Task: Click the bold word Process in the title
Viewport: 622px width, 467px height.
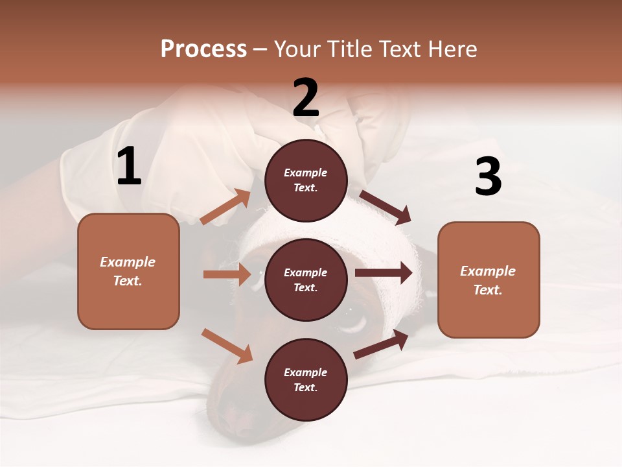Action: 203,49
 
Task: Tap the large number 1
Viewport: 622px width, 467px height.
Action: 129,167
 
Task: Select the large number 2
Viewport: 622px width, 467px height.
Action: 306,98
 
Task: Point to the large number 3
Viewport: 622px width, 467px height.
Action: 488,176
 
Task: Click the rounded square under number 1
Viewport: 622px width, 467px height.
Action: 128,271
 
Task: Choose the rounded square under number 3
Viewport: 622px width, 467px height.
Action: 489,280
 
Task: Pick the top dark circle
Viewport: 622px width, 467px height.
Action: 306,180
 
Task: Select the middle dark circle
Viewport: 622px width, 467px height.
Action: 306,280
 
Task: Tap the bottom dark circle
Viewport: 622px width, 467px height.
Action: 306,379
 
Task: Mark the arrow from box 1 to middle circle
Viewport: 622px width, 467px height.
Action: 227,274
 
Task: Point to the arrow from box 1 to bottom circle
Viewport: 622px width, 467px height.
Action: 227,345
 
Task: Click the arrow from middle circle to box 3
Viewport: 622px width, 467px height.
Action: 384,273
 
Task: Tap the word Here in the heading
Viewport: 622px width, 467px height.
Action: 452,49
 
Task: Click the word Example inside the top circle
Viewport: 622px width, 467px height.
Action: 306,173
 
